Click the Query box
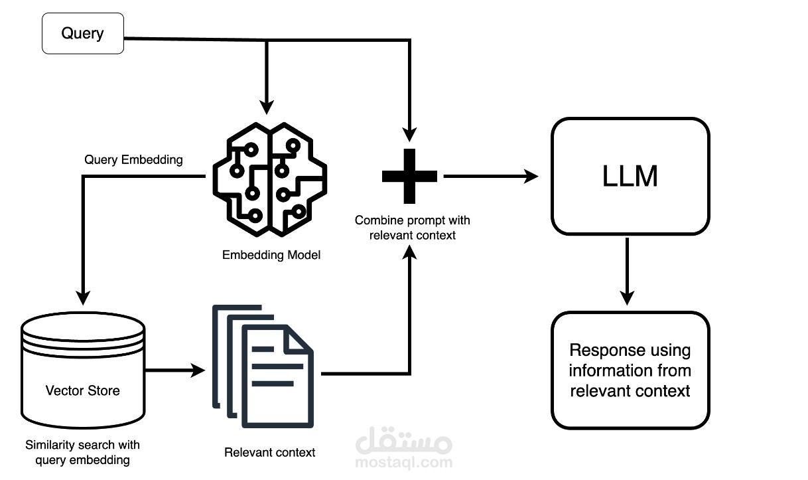click(83, 33)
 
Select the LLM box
click(630, 176)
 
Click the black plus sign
click(410, 176)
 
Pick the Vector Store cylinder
click(83, 372)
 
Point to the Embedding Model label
click(271, 255)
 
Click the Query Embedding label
click(134, 160)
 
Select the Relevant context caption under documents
click(270, 453)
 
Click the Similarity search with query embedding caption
click(82, 452)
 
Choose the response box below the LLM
click(630, 370)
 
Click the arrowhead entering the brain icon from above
click(267, 106)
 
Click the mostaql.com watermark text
click(404, 462)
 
